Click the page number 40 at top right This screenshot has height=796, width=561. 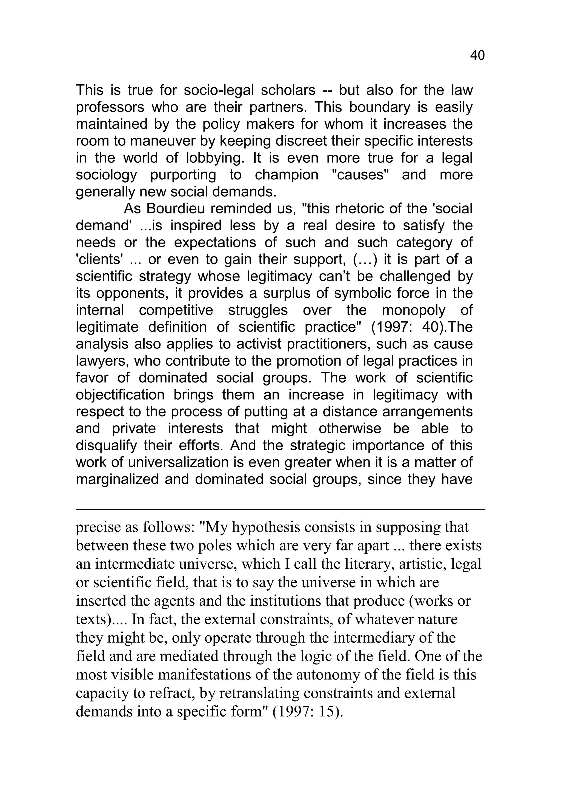pyautogui.click(x=477, y=56)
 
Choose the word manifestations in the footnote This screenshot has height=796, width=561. pyautogui.click(x=201, y=675)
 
